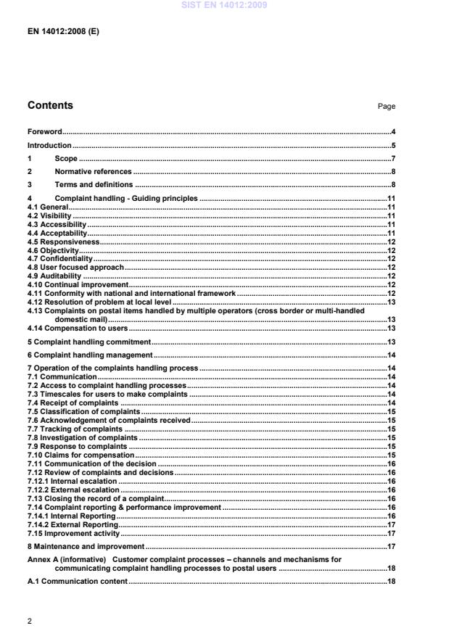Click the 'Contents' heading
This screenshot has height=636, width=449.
(50, 106)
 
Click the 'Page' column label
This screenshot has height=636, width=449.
(386, 107)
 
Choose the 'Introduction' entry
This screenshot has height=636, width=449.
(49, 145)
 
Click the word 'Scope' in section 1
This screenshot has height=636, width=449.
(66, 158)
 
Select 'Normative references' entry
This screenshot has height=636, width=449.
(93, 172)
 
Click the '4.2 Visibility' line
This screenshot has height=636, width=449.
(49, 215)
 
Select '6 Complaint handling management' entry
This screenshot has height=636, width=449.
(90, 355)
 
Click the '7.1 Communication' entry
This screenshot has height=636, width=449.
(62, 377)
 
